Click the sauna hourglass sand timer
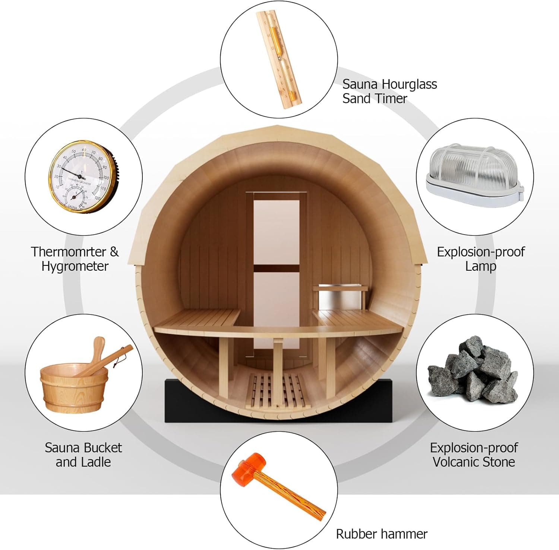[x=279, y=60]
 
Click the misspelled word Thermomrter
[x=69, y=252]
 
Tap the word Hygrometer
[x=75, y=266]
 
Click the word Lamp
[x=480, y=266]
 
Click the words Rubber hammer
[x=382, y=534]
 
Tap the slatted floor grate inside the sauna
[x=276, y=391]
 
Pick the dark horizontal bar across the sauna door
[x=277, y=268]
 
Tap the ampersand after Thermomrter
[x=114, y=252]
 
